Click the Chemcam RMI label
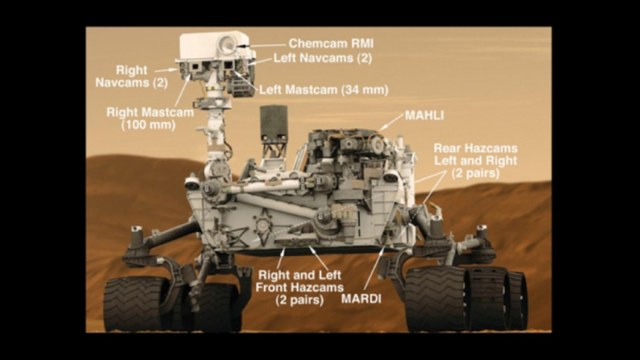331,43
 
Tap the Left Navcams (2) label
322,58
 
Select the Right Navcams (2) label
132,77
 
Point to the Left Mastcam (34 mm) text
324,90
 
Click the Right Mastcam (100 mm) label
150,118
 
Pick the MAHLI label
424,115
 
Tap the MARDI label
361,299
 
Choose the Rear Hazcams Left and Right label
476,154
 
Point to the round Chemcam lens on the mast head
226,44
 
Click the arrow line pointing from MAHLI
391,122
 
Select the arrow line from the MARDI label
374,268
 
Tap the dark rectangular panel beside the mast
273,123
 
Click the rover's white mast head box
209,45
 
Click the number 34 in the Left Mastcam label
351,90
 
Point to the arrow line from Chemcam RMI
260,45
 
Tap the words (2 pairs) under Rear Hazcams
476,173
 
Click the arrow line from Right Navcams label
165,71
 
